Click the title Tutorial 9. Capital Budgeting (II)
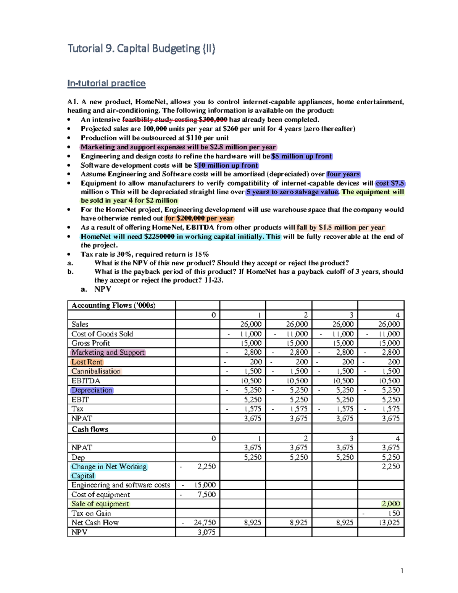[141, 48]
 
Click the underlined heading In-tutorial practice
[106, 83]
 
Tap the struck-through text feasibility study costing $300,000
[174, 120]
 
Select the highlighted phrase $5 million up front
[302, 156]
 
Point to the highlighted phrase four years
[343, 174]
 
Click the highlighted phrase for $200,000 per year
[199, 218]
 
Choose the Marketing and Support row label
[108, 352]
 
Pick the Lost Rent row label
[87, 362]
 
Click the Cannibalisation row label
[96, 371]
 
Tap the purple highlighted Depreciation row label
[92, 390]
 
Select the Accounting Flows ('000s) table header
[113, 305]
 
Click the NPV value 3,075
[206, 532]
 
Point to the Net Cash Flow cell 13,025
[389, 523]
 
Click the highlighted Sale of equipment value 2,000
[391, 504]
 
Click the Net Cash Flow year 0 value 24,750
[205, 523]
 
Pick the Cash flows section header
[90, 429]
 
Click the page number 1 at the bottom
[402, 571]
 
